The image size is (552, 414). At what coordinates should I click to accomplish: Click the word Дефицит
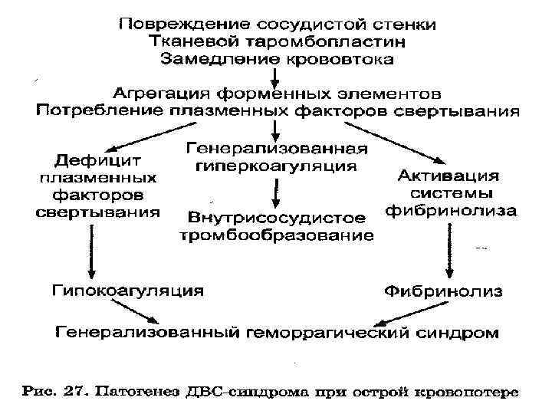coord(97,163)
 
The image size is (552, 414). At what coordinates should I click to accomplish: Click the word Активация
coord(451,176)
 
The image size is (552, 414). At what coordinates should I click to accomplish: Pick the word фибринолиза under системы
coord(451,209)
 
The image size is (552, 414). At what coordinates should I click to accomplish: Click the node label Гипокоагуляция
coord(127,291)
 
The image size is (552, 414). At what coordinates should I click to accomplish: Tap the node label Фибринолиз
coord(443,291)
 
